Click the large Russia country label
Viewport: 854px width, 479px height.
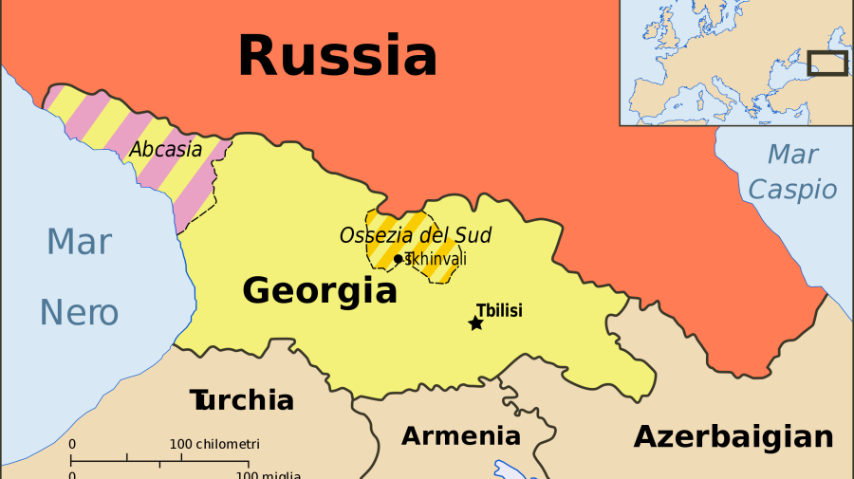point(337,56)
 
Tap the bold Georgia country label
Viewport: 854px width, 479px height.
point(320,290)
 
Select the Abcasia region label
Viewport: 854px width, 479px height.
point(166,150)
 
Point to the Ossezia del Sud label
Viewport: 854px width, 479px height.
point(416,235)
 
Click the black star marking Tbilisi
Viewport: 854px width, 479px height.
point(476,323)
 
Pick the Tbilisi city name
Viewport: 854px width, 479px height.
point(499,310)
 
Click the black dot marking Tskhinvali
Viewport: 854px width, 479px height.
point(399,259)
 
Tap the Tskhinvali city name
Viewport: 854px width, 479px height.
point(436,259)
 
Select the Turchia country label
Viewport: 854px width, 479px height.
point(241,399)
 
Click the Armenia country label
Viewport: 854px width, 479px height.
point(461,435)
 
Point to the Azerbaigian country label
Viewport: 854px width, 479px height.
point(733,436)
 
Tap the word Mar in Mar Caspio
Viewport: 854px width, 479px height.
point(792,154)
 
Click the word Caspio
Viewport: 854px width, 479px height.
point(792,189)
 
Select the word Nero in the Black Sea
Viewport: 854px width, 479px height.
point(79,312)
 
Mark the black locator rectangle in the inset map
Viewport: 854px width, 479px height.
point(826,63)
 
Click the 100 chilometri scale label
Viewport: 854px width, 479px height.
point(214,444)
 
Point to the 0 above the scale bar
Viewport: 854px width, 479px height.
point(72,444)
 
